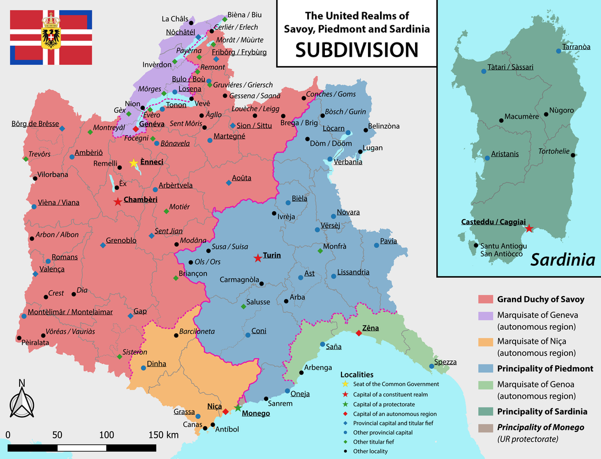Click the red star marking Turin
258,258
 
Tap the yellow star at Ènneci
134,164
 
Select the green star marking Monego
238,408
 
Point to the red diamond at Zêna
359,333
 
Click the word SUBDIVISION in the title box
356,50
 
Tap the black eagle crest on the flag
51,36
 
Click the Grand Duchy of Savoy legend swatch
486,299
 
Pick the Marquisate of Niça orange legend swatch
486,341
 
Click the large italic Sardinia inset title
562,260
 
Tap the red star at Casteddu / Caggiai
529,228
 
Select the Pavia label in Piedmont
388,241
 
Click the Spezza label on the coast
446,362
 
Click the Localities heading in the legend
356,374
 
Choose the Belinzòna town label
383,126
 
